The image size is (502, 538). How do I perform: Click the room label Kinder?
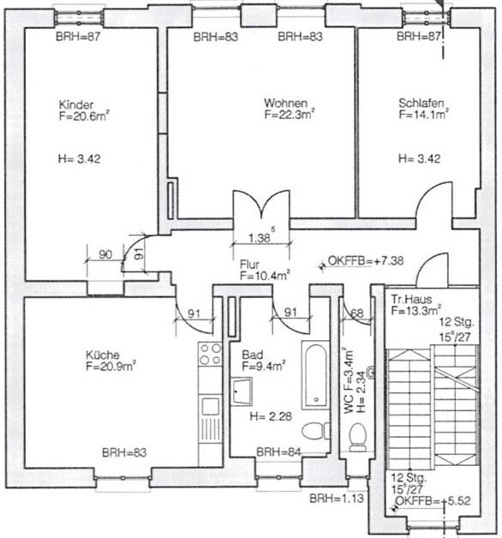(76, 105)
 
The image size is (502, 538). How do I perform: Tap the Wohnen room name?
(285, 103)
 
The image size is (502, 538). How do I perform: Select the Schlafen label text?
(421, 103)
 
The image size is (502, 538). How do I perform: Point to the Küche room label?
(103, 355)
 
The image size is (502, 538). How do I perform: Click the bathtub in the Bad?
(315, 375)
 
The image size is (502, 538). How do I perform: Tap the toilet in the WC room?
(357, 437)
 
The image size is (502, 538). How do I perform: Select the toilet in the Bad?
(316, 431)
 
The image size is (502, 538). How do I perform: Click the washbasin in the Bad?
(242, 392)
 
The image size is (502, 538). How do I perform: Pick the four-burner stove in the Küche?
(211, 354)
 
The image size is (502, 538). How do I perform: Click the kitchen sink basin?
(210, 407)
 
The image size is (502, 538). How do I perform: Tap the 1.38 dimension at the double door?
(260, 237)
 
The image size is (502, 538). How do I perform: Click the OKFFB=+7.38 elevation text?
(366, 260)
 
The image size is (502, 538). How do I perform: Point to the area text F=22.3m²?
(290, 114)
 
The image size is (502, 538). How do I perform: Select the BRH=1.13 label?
(337, 499)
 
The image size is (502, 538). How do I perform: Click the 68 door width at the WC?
(357, 313)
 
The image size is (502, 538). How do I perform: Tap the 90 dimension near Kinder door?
(105, 254)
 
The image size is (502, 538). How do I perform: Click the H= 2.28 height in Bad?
(271, 416)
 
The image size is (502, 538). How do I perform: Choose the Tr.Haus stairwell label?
(411, 299)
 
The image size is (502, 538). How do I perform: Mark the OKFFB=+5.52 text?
(433, 501)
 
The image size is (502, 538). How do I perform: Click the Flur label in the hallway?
(249, 265)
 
